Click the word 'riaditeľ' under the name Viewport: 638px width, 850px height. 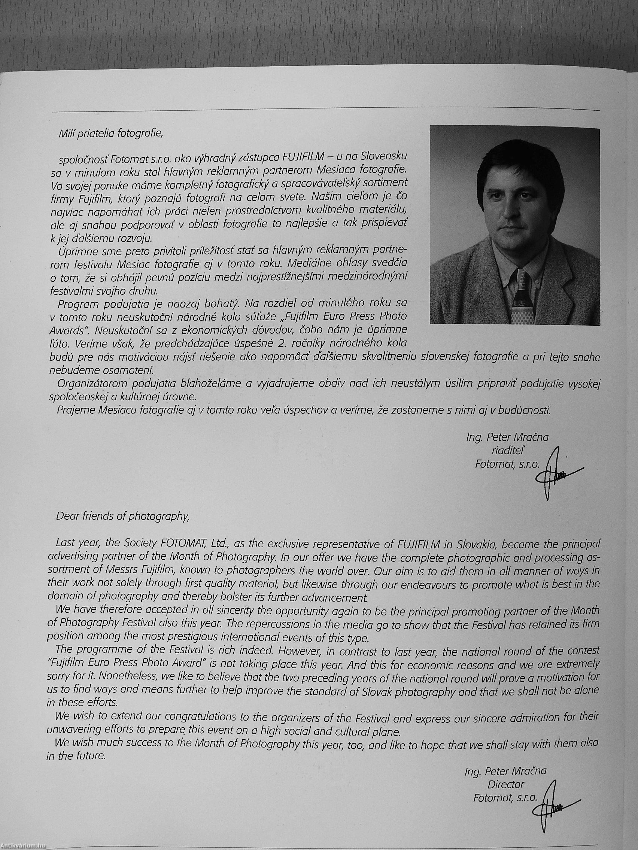[x=506, y=451]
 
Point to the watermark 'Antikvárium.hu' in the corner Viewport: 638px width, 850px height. [x=23, y=846]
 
